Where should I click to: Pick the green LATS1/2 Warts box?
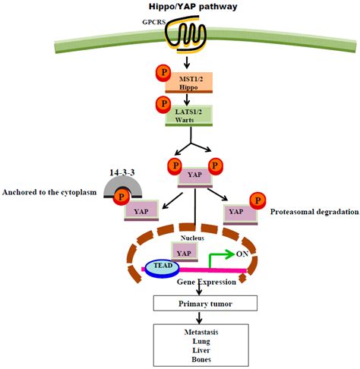tap(189, 115)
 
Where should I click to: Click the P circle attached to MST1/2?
tap(162, 74)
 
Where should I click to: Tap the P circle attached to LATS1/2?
tap(161, 105)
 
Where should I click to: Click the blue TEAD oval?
tap(163, 266)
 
